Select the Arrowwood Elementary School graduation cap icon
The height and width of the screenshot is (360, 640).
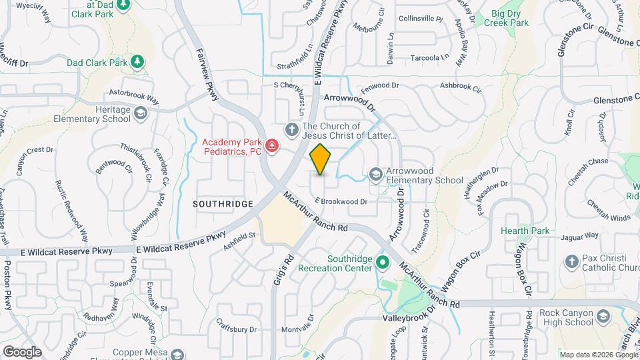click(376, 175)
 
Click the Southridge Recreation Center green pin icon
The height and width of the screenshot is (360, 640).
click(382, 261)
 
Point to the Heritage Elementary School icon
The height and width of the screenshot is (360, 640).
click(141, 114)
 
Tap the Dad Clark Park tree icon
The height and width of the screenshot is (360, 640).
click(137, 63)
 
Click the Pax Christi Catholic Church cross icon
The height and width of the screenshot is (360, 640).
click(571, 262)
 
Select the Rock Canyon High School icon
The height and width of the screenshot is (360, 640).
click(603, 315)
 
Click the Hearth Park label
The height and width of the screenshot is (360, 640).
click(525, 231)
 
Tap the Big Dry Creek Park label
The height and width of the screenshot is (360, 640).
click(510, 18)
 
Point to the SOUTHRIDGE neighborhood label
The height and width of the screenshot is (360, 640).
click(223, 203)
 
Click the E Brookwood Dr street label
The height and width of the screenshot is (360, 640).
click(341, 201)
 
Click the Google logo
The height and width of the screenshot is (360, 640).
click(22, 351)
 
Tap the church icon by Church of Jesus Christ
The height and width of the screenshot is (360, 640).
click(291, 129)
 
